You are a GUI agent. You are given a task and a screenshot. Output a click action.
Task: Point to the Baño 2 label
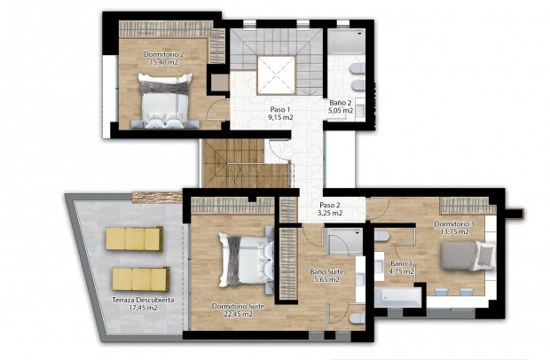click(341, 103)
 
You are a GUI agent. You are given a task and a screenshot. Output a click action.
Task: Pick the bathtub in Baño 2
click(347, 40)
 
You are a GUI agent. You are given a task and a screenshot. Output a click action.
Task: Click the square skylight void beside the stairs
click(275, 72)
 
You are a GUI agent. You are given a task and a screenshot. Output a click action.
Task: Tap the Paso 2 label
click(331, 203)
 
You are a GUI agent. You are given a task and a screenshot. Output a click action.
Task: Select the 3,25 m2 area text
click(331, 213)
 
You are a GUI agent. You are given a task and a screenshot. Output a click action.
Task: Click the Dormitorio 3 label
click(454, 223)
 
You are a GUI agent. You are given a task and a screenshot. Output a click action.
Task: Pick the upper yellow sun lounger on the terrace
click(134, 239)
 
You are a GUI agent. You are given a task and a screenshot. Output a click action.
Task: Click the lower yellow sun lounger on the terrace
click(140, 280)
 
